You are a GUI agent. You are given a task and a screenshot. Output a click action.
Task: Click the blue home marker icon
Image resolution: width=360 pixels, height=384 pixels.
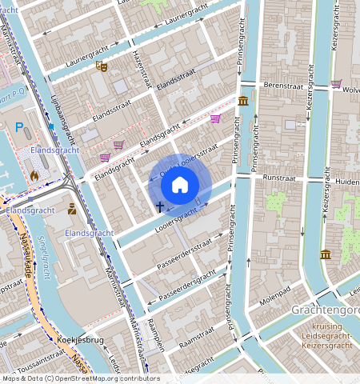click(180, 186)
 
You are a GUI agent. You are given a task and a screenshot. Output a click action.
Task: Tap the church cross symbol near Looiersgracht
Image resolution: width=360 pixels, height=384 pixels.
click(160, 207)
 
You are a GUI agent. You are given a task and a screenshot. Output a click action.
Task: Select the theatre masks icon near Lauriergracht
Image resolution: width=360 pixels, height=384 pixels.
click(101, 67)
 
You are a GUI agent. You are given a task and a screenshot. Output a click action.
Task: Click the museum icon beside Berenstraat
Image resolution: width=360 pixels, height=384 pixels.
click(243, 100)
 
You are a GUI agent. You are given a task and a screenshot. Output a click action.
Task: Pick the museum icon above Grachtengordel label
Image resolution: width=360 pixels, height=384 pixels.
click(326, 254)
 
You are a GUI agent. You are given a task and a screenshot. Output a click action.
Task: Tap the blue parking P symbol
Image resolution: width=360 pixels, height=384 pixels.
click(19, 127)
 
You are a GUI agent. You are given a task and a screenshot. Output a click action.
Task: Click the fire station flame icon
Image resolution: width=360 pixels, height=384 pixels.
click(34, 174)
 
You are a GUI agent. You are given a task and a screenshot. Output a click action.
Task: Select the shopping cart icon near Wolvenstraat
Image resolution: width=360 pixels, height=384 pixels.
click(336, 83)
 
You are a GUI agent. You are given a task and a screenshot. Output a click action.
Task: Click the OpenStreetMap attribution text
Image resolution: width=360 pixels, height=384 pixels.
click(80, 378)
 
